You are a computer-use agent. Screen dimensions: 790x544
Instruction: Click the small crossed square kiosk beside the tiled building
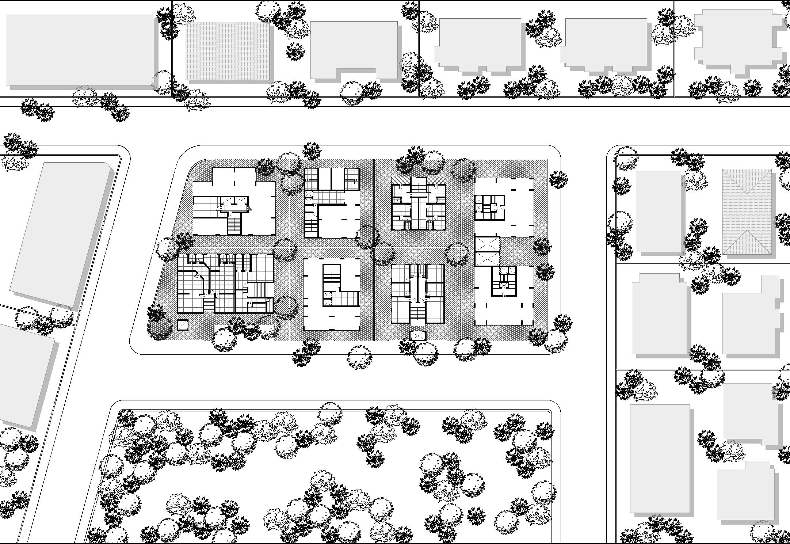pyautogui.click(x=182, y=324)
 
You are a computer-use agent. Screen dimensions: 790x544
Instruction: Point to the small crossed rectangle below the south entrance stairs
pyautogui.click(x=417, y=335)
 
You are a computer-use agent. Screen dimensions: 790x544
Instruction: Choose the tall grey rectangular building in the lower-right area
pyautogui.click(x=660, y=459)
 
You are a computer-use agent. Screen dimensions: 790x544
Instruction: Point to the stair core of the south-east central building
pyautogui.click(x=504, y=281)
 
